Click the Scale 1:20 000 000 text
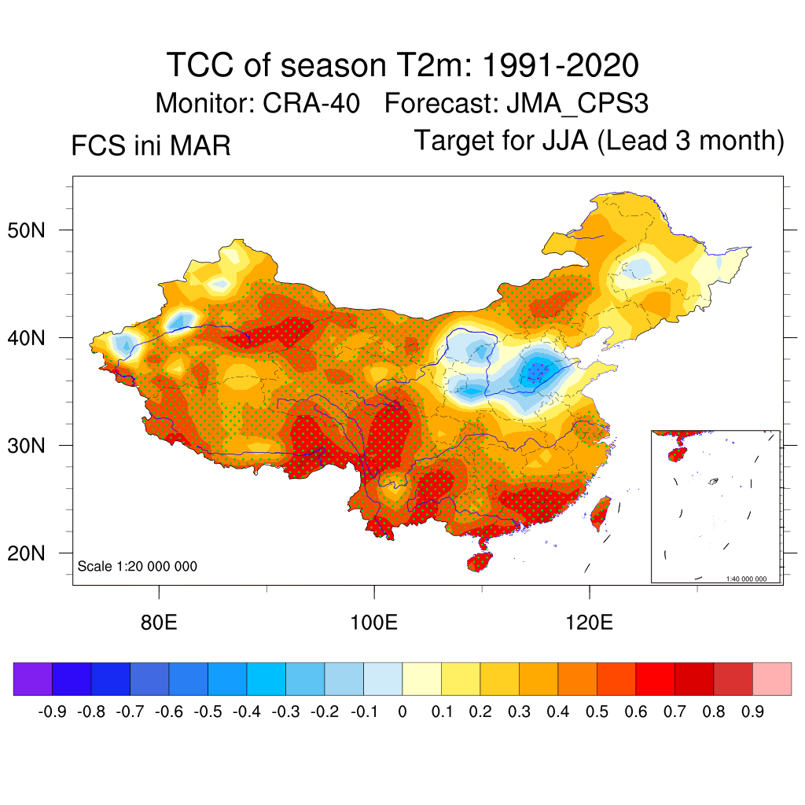coord(138,567)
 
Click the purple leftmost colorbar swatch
coord(33,679)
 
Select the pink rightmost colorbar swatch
coord(772,679)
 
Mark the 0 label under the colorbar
coord(402,712)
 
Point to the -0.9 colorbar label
coord(52,712)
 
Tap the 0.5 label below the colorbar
coord(597,712)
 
